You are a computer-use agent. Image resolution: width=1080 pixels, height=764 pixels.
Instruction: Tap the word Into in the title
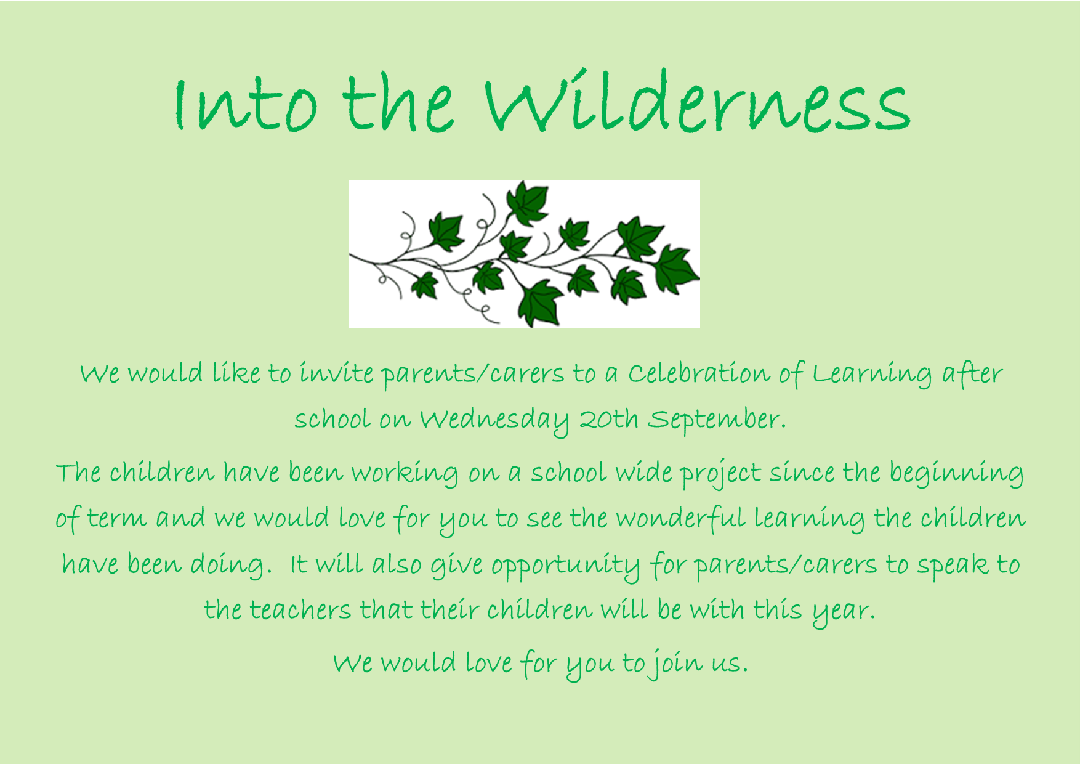pos(246,105)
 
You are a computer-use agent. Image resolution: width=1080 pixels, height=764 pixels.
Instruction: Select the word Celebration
pos(699,373)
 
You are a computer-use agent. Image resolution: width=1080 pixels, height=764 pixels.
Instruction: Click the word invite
pos(336,373)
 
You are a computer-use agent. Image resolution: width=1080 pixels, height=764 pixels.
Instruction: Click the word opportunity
pos(565,566)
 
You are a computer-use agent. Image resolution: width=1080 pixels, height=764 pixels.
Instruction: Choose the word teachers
pos(300,611)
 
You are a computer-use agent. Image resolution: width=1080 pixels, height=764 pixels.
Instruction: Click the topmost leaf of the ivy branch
pos(527,202)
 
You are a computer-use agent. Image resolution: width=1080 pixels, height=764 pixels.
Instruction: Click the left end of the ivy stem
pos(350,254)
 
